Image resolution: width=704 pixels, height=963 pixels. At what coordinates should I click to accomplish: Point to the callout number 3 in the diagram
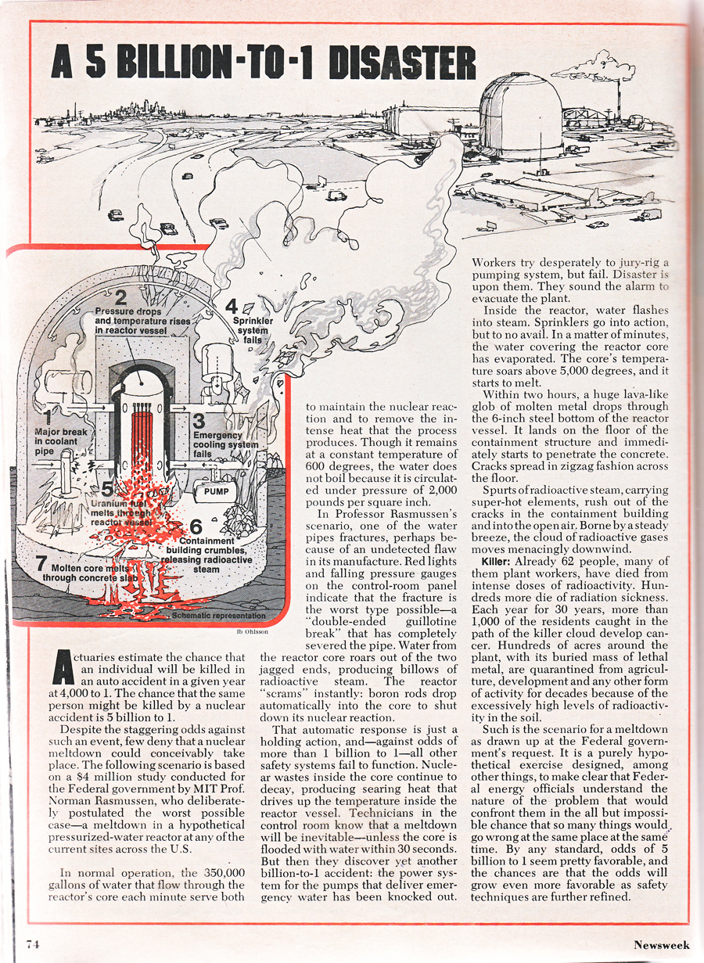point(200,422)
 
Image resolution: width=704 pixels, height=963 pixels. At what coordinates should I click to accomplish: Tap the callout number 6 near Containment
point(196,526)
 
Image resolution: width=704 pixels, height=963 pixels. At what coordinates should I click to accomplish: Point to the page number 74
point(32,943)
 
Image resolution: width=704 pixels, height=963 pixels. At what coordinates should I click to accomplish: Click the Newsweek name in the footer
point(662,944)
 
